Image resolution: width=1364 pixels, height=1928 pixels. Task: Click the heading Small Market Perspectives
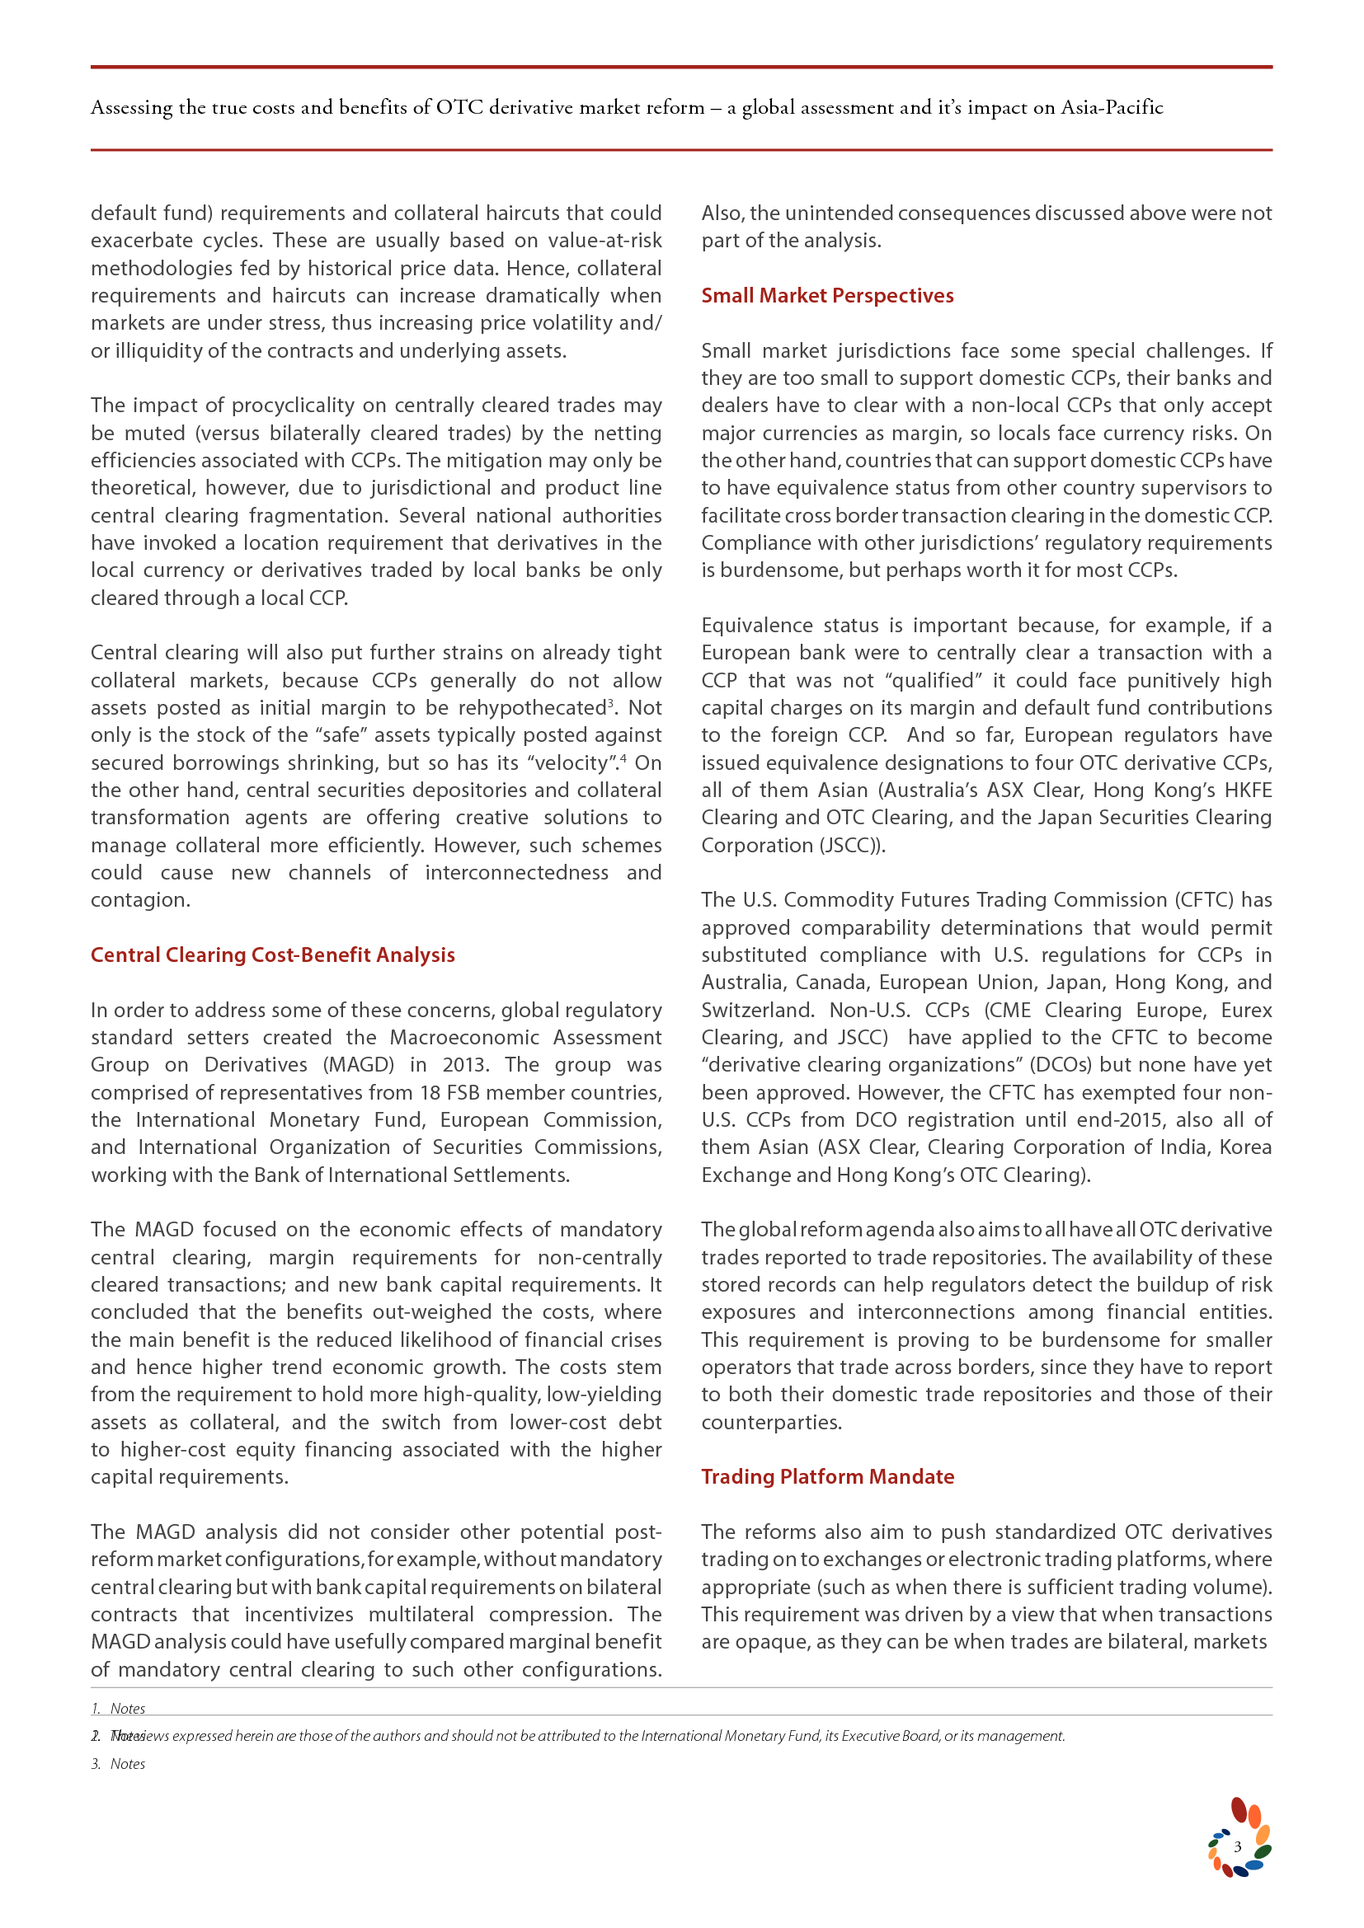pyautogui.click(x=827, y=296)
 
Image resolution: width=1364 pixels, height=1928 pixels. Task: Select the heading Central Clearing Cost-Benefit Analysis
pyautogui.click(x=272, y=955)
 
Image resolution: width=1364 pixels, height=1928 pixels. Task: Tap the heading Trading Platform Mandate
pyautogui.click(x=827, y=1476)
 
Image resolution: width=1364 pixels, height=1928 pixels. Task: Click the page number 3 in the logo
pyautogui.click(x=1237, y=1846)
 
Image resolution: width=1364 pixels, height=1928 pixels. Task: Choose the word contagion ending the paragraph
pyautogui.click(x=139, y=899)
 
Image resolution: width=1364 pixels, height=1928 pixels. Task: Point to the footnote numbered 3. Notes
pyautogui.click(x=119, y=1764)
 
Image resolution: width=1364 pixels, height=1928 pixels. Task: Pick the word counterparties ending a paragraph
pyautogui.click(x=770, y=1422)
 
